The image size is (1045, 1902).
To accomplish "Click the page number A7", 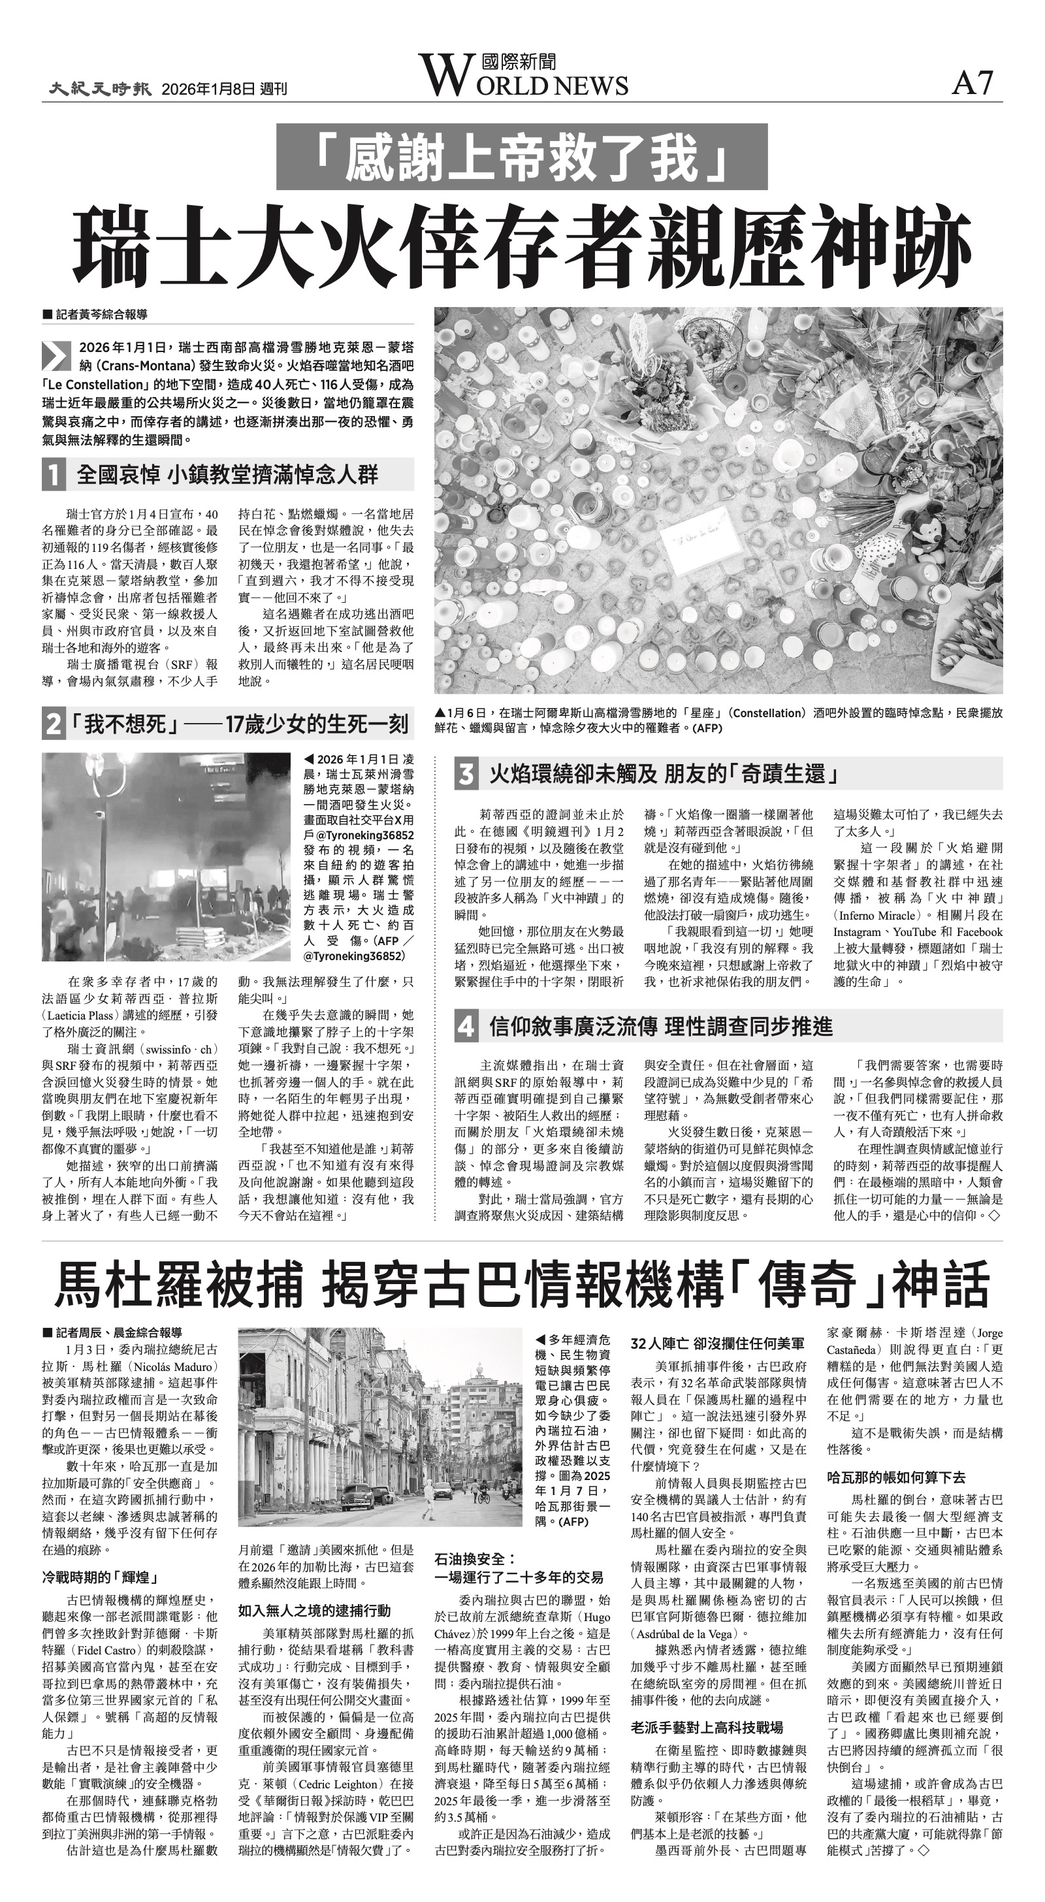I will (x=973, y=84).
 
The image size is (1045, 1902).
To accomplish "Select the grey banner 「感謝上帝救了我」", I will (x=521, y=157).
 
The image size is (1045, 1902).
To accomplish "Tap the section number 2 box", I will (x=52, y=724).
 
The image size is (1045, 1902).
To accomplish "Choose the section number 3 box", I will (x=465, y=775).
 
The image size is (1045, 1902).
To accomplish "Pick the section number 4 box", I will (x=465, y=1026).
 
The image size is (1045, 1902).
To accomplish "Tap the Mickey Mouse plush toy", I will (x=927, y=530).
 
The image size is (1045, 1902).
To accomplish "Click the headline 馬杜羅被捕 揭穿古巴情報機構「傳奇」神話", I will (x=521, y=1285).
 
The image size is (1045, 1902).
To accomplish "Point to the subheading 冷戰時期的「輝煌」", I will (x=101, y=1578).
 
